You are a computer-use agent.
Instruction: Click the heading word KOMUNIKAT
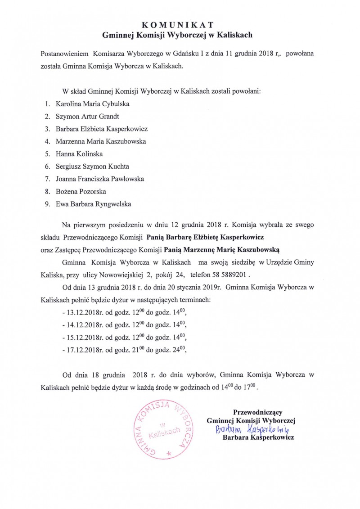pos(180,25)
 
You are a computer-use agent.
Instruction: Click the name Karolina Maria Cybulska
pos(93,104)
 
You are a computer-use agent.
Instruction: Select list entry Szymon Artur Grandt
pos(87,117)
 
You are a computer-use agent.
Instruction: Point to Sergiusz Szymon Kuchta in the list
pos(92,166)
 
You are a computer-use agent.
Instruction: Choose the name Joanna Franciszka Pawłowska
pos(100,179)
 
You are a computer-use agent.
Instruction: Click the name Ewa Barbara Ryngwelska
pos(93,204)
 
